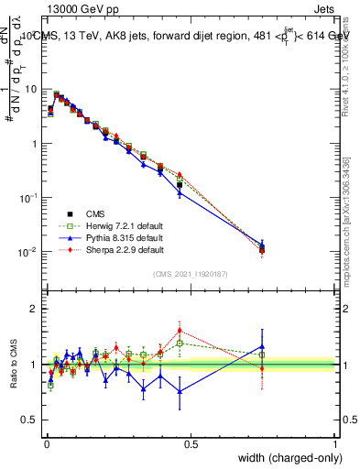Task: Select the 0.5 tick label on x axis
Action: tap(191, 443)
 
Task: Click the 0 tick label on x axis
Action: tap(47, 443)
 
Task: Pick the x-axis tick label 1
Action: tap(334, 443)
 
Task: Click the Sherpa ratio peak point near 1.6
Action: tap(180, 330)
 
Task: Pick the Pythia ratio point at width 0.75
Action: tap(262, 347)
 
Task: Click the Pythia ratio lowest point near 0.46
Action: tap(180, 391)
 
